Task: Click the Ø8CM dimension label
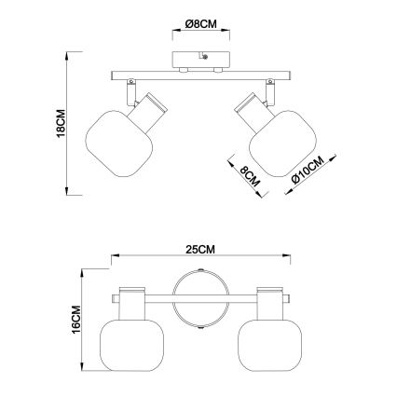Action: tap(200, 24)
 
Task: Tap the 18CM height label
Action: tap(61, 123)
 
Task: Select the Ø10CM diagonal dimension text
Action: tap(308, 170)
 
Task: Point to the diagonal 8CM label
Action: tap(250, 176)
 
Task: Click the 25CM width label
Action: tap(200, 250)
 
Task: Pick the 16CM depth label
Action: tap(76, 320)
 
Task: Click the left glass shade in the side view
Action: tap(119, 144)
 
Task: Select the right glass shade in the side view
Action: tap(282, 144)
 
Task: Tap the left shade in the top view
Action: tap(131, 345)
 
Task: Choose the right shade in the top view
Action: tap(269, 345)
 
